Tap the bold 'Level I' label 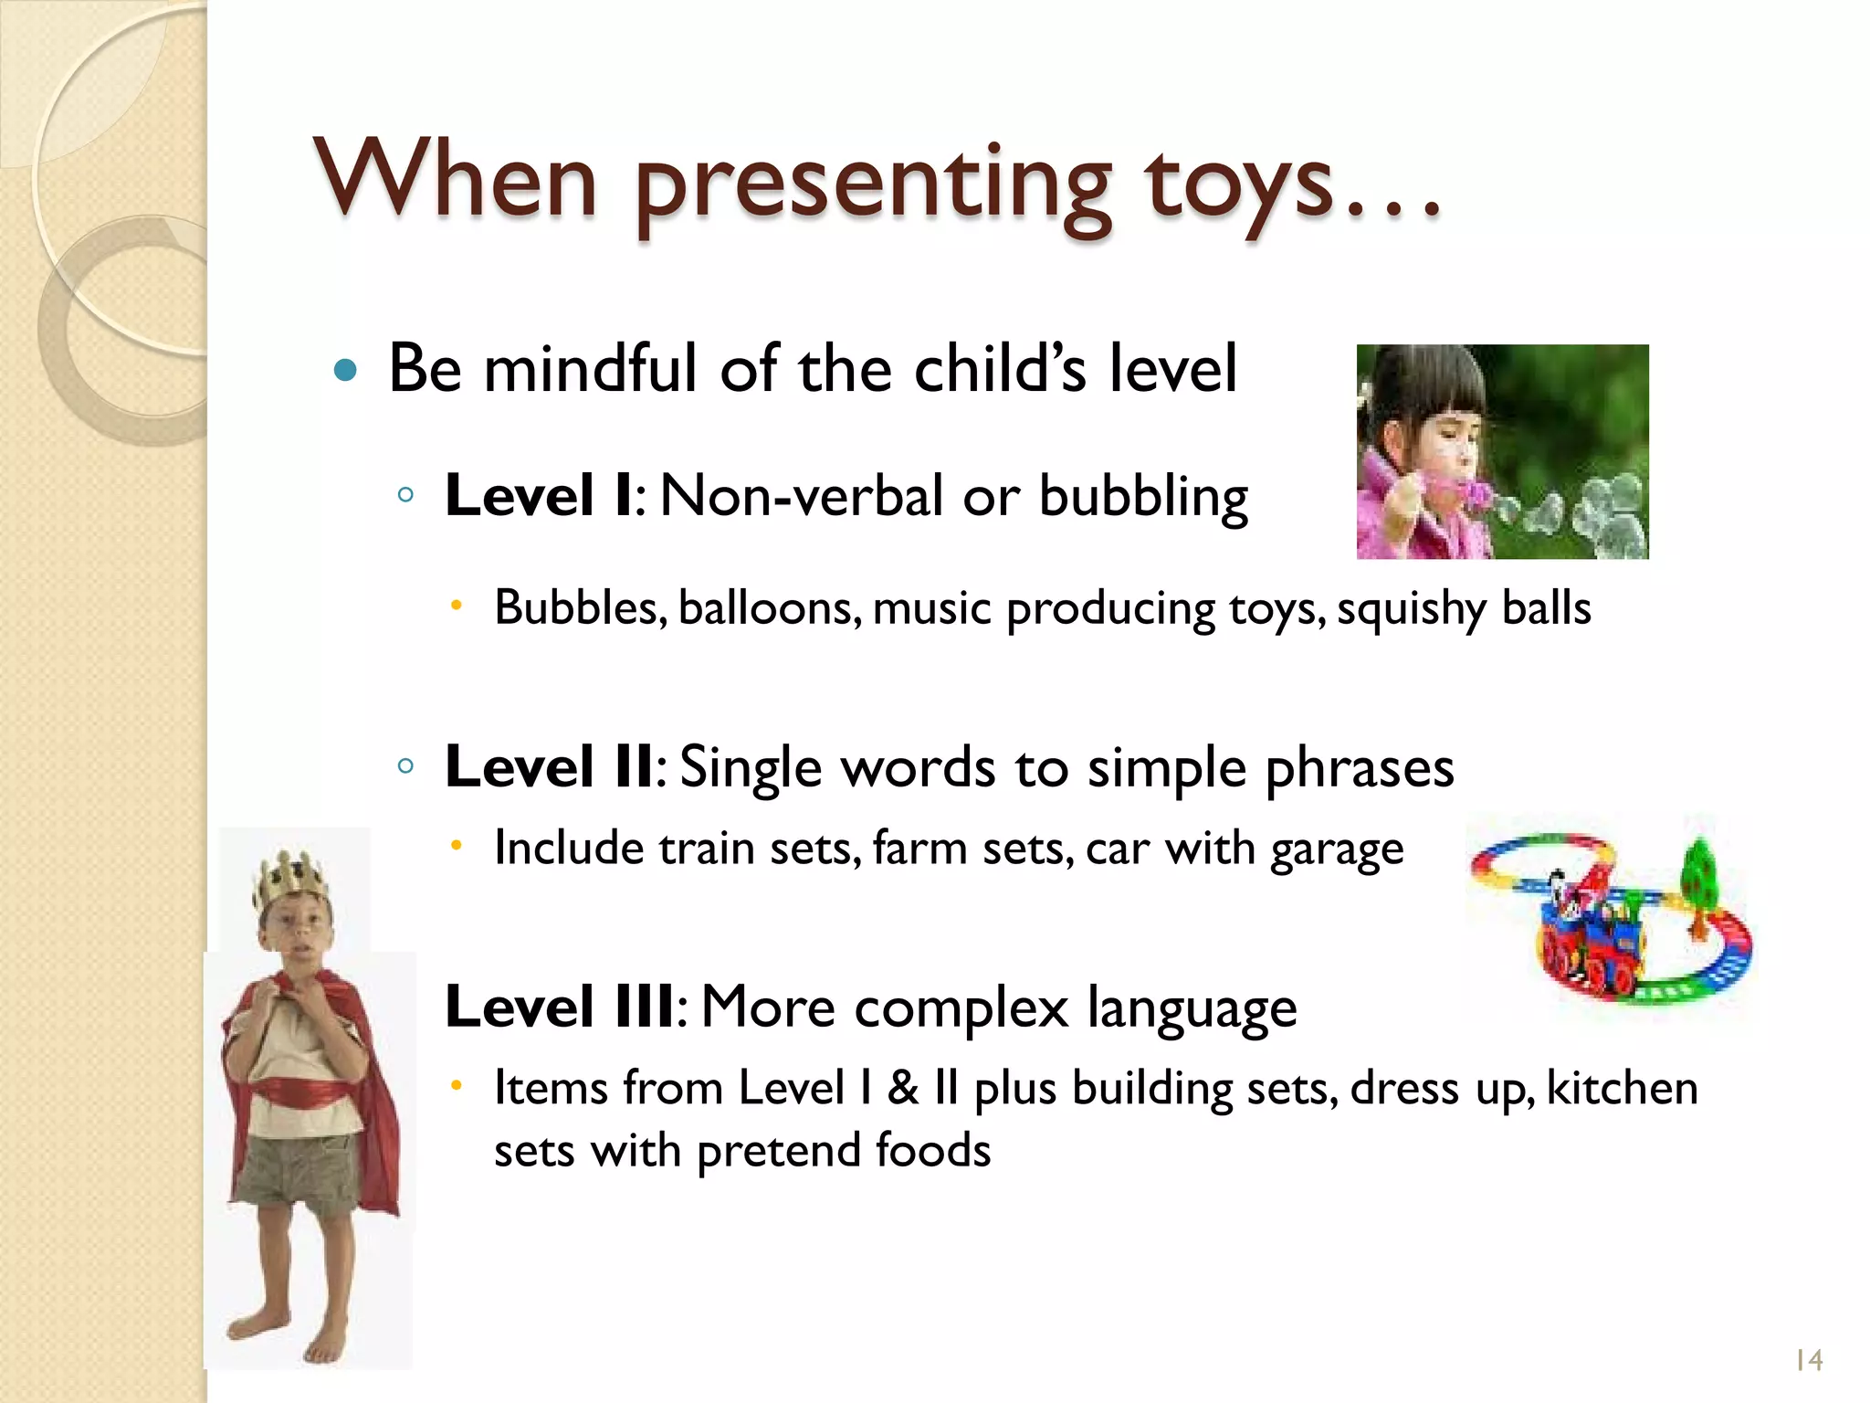(538, 497)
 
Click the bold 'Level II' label (549, 766)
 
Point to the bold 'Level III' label (560, 1007)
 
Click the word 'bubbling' (1143, 499)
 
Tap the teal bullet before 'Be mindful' (345, 370)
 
